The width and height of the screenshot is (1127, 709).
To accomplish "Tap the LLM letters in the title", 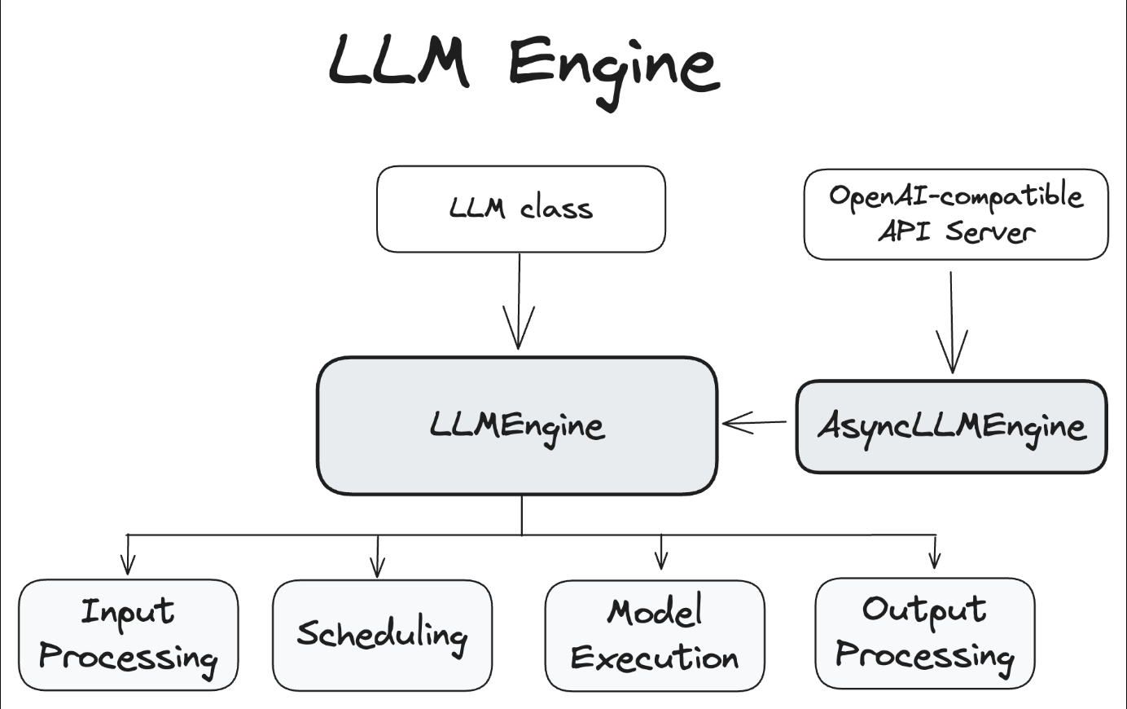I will [x=399, y=62].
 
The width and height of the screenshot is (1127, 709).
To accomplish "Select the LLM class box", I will [x=520, y=209].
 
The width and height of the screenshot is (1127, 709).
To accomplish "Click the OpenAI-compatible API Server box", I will [x=955, y=214].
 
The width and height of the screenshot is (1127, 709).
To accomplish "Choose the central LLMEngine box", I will [x=517, y=425].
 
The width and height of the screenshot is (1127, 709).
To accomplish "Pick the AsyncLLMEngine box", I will [x=951, y=426].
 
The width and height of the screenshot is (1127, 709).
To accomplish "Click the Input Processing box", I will [x=128, y=635].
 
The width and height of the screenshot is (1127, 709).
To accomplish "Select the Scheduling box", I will [x=382, y=635].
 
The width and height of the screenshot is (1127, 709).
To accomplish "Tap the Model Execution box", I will [x=655, y=635].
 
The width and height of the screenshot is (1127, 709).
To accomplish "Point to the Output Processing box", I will [x=924, y=633].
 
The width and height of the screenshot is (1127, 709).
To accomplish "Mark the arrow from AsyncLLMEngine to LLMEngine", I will [x=753, y=422].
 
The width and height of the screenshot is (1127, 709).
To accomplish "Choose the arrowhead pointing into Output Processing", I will [x=934, y=559].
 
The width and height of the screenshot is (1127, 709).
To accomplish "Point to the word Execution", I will [x=655, y=658].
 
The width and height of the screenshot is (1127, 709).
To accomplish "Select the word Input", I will [x=128, y=611].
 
